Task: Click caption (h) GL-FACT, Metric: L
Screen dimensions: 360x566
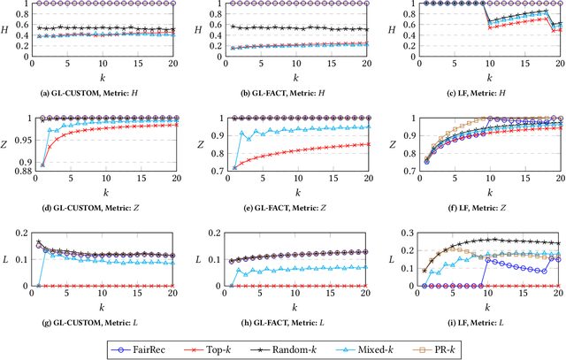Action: coord(284,321)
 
